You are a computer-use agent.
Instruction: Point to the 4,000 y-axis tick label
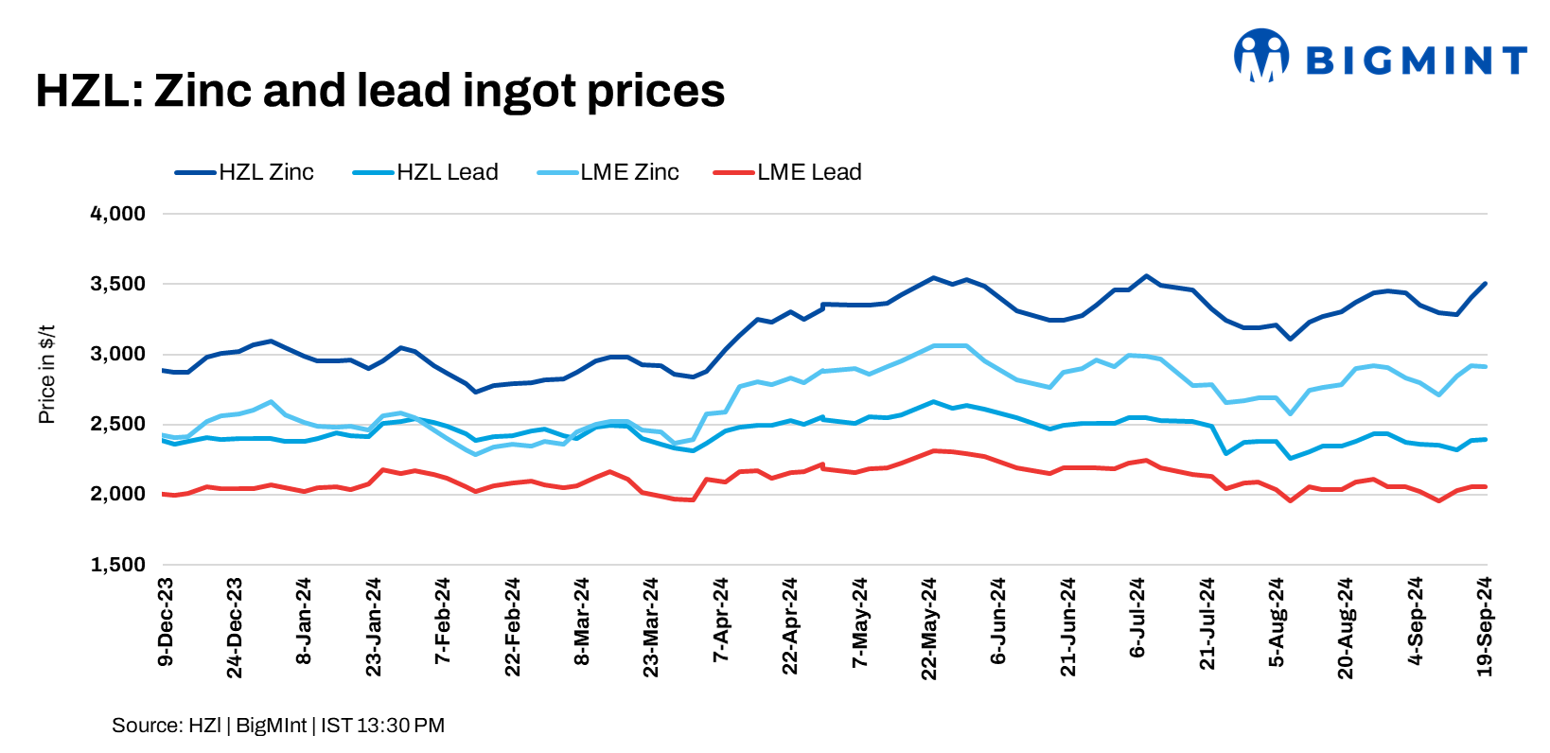pyautogui.click(x=117, y=214)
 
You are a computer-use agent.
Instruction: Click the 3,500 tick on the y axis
pyautogui.click(x=117, y=284)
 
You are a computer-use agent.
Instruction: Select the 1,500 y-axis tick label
pyautogui.click(x=117, y=565)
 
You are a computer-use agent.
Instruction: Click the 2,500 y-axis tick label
pyautogui.click(x=117, y=424)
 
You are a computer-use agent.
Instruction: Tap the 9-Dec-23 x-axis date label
pyautogui.click(x=166, y=622)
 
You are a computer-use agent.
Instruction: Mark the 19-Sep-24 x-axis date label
pyautogui.click(x=1485, y=626)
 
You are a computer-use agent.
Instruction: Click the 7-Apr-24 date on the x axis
pyautogui.click(x=721, y=621)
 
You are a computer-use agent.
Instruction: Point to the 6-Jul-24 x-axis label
pyautogui.click(x=1137, y=618)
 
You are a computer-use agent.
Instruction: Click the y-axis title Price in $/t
pyautogui.click(x=46, y=375)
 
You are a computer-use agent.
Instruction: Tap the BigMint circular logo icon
pyautogui.click(x=1261, y=55)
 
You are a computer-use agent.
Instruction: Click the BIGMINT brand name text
pyautogui.click(x=1417, y=61)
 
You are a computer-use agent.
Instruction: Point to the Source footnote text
pyautogui.click(x=278, y=726)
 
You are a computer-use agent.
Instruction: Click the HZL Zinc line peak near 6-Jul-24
pyautogui.click(x=1146, y=276)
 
